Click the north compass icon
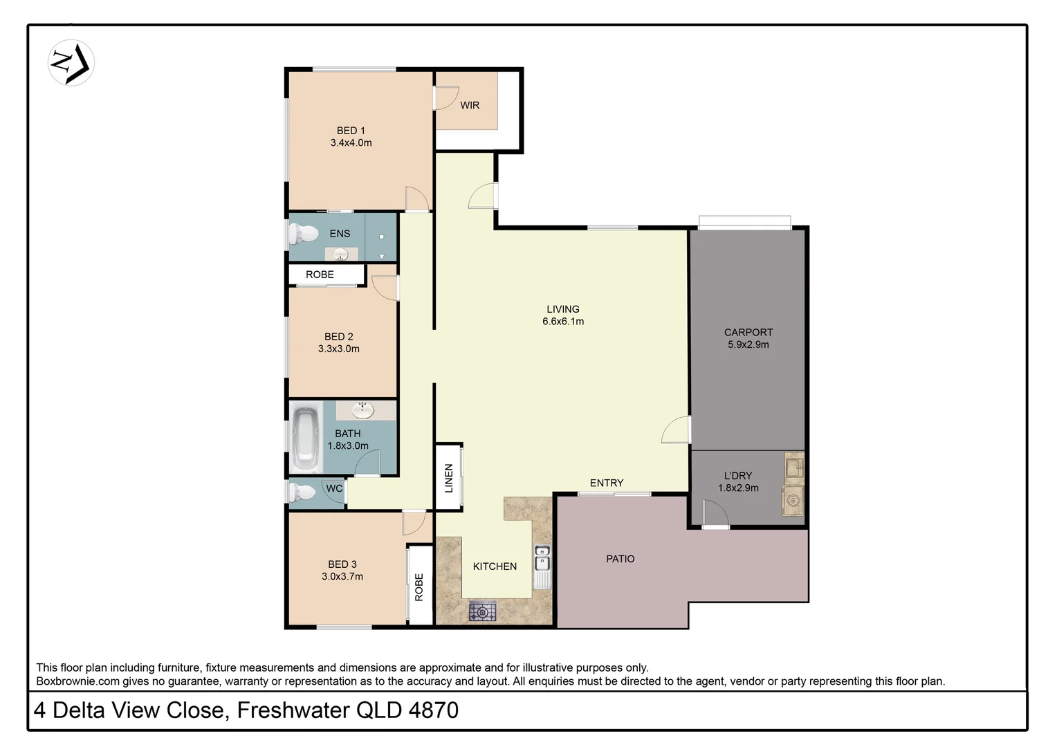[x=71, y=63]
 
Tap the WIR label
[x=470, y=105]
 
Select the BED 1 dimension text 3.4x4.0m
[x=351, y=143]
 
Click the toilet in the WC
[x=301, y=493]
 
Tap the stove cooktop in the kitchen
[x=482, y=611]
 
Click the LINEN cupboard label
[x=448, y=478]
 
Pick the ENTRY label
[x=607, y=483]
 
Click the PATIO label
[x=620, y=559]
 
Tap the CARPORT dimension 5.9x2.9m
[x=748, y=344]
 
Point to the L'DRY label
[x=738, y=476]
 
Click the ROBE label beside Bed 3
[x=419, y=587]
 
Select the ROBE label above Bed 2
[x=320, y=275]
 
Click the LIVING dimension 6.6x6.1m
[x=563, y=322]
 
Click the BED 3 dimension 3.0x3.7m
[x=342, y=576]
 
